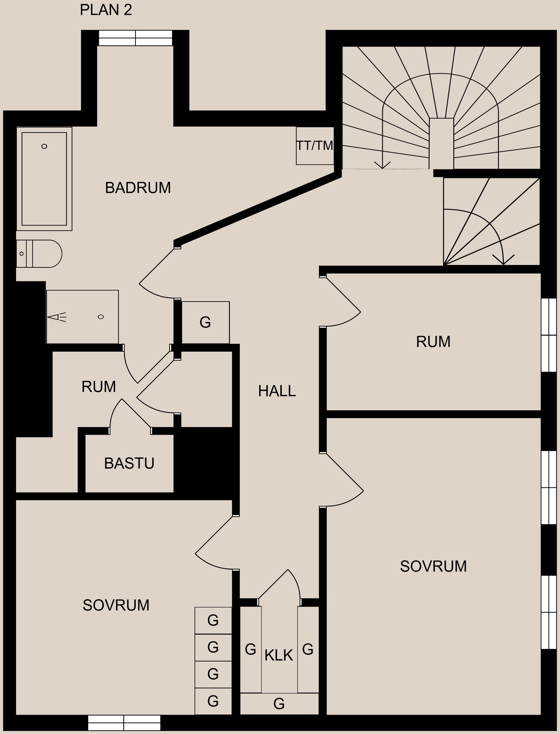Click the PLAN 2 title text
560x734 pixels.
tap(106, 10)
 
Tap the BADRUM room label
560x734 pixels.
tap(138, 188)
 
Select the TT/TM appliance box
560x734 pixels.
tap(315, 146)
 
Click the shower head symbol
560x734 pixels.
tap(57, 317)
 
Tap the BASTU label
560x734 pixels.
tap(129, 463)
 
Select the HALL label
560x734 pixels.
tap(277, 391)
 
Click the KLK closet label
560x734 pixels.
tap(279, 655)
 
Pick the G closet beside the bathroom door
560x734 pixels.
tap(205, 322)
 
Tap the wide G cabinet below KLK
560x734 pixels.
tap(279, 704)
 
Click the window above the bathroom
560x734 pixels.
tap(135, 38)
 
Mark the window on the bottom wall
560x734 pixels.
tap(124, 723)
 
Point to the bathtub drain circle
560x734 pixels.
tap(44, 146)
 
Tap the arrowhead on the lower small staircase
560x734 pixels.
tap(503, 260)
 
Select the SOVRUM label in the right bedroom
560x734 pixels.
tap(433, 566)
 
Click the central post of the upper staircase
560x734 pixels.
tap(441, 143)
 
